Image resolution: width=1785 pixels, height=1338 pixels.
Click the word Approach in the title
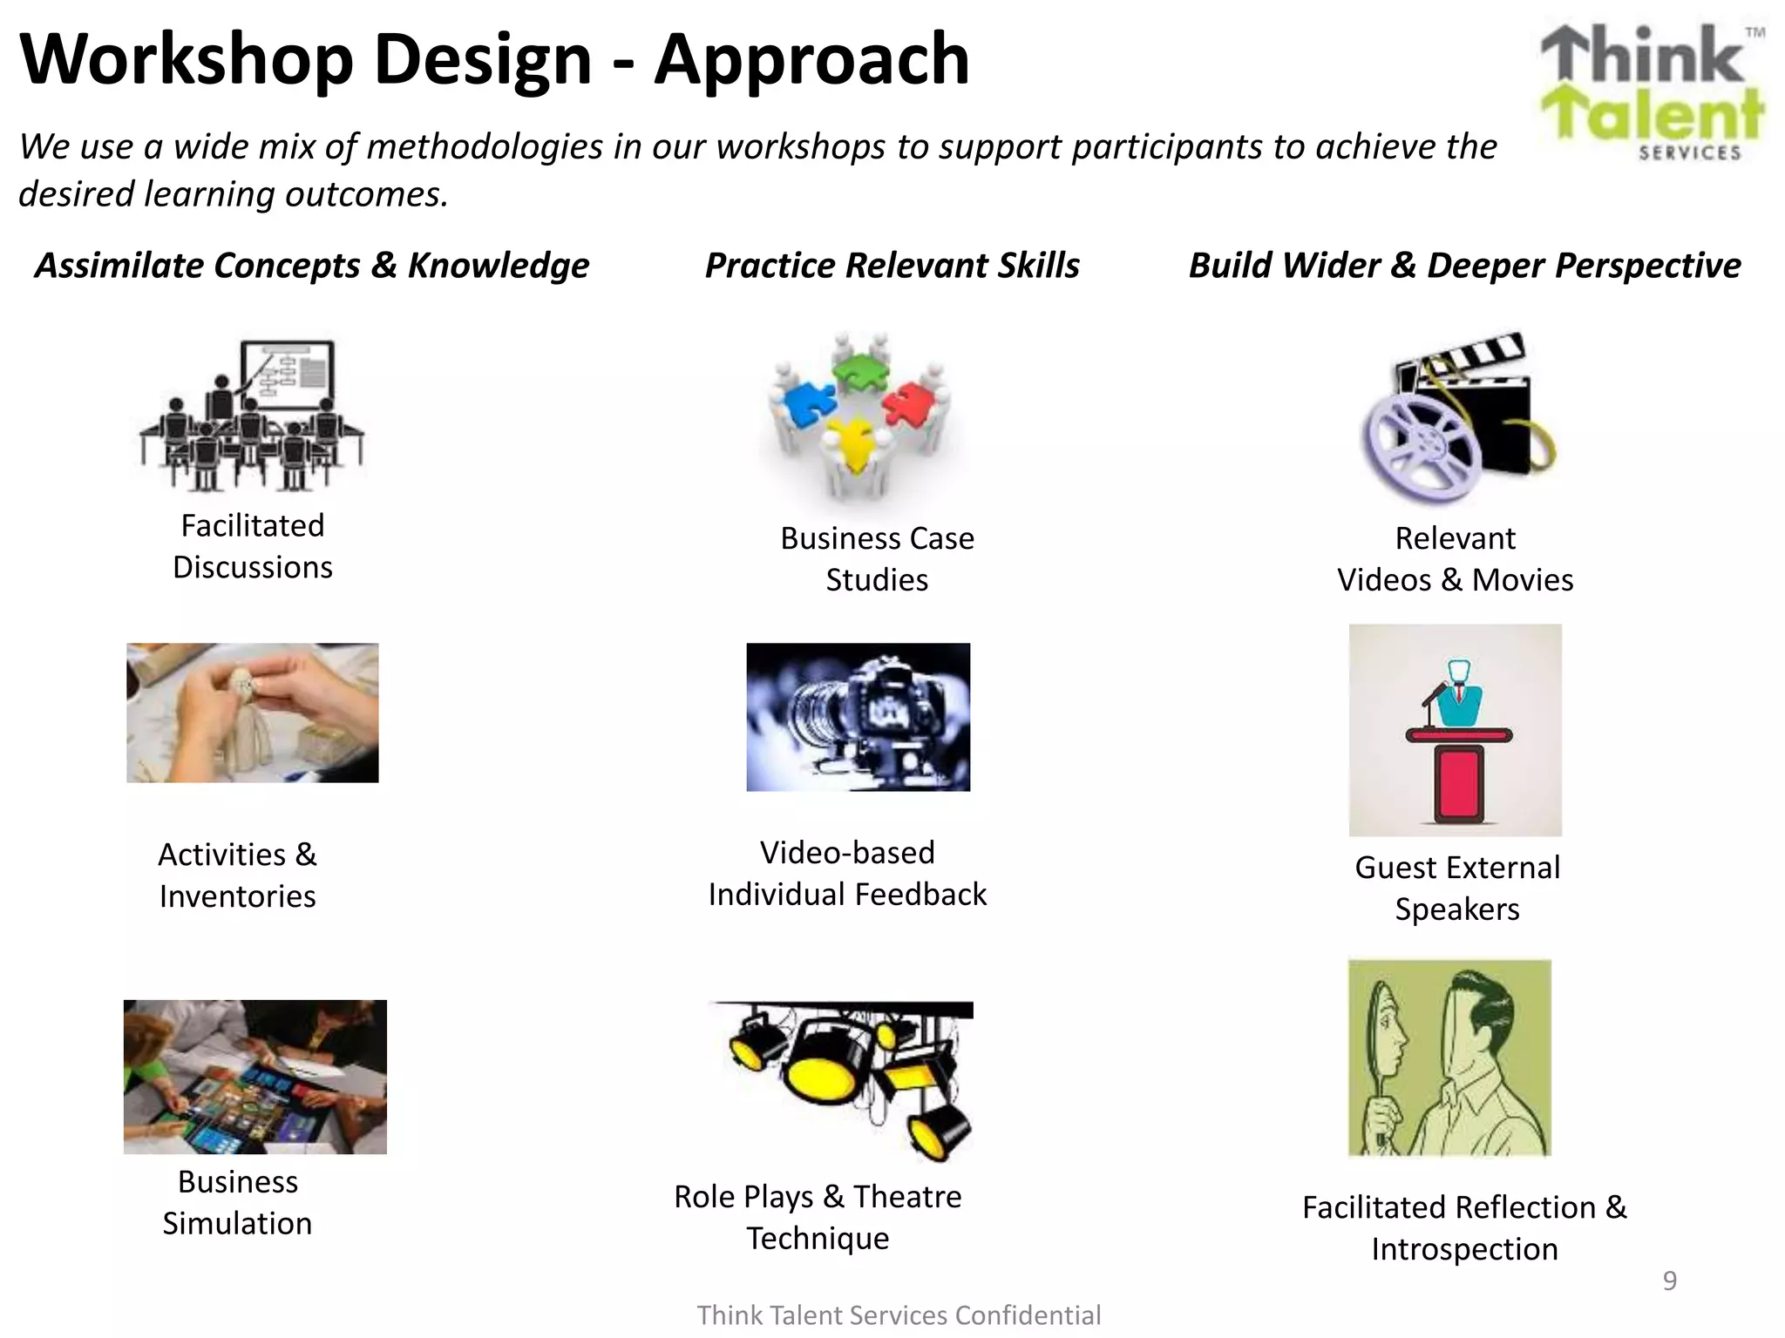[811, 59]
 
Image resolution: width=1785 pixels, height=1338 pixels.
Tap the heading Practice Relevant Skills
[892, 266]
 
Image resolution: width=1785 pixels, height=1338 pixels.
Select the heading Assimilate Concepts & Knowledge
[312, 266]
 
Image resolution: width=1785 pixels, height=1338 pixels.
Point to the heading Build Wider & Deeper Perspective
[1464, 266]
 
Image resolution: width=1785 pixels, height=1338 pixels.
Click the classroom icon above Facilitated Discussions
[252, 415]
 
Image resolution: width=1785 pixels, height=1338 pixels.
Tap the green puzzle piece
[859, 371]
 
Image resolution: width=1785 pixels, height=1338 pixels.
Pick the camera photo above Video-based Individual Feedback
[858, 717]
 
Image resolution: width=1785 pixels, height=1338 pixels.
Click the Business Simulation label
[237, 1202]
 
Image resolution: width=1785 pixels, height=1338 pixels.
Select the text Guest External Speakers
[1457, 888]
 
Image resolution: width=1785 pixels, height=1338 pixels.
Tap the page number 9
[1669, 1281]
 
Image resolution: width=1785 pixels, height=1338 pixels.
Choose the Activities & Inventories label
[237, 875]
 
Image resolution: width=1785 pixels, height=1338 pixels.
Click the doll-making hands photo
[252, 713]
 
